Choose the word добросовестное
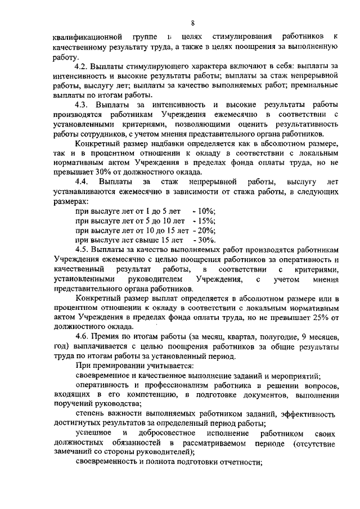tap(168, 434)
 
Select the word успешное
tap(93, 434)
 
